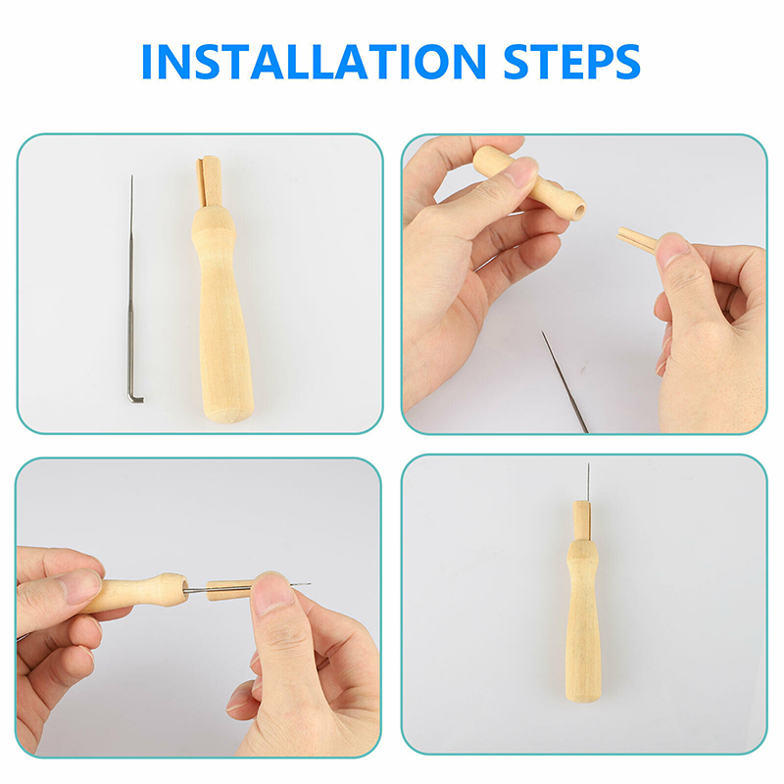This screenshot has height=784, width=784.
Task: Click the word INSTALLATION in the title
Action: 314,62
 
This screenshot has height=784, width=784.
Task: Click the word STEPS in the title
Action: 571,62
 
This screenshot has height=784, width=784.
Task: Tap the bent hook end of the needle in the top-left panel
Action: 135,398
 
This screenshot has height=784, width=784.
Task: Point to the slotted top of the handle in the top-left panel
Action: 210,181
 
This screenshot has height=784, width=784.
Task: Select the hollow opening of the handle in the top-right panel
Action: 578,210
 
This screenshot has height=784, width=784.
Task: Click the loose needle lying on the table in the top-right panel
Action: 565,381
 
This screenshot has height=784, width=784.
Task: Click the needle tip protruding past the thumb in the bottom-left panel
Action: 300,584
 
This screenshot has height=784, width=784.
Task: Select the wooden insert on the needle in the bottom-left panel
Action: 230,590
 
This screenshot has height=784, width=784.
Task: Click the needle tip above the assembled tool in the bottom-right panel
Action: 588,466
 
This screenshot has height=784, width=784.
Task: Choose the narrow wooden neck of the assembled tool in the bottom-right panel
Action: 582,520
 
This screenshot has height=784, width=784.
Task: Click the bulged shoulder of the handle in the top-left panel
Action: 214,225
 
